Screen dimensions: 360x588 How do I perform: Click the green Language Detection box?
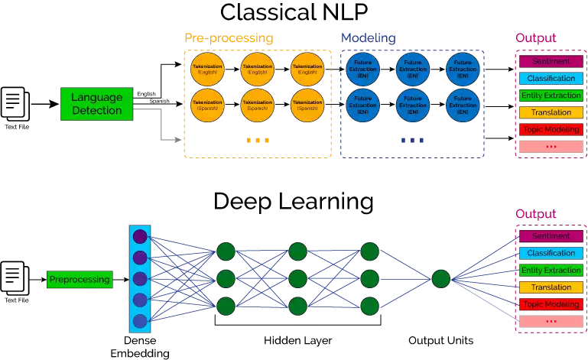[97, 103]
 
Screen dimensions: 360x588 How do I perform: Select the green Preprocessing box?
[80, 280]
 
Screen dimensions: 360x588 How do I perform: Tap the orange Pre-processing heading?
[229, 38]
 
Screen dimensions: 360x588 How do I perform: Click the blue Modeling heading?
[368, 38]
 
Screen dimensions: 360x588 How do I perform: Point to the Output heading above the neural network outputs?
[535, 214]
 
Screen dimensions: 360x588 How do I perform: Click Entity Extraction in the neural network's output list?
[551, 271]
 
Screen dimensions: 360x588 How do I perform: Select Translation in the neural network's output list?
[551, 287]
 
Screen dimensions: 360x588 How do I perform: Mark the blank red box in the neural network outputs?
[551, 321]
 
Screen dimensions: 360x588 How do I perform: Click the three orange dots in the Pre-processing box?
[257, 141]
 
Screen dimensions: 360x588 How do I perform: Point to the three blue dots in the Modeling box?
[411, 141]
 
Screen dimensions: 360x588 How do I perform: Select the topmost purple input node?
[140, 237]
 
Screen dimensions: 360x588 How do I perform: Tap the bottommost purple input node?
[140, 321]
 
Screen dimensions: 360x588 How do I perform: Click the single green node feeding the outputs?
[440, 279]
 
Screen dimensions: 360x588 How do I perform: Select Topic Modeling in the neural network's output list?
[551, 304]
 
